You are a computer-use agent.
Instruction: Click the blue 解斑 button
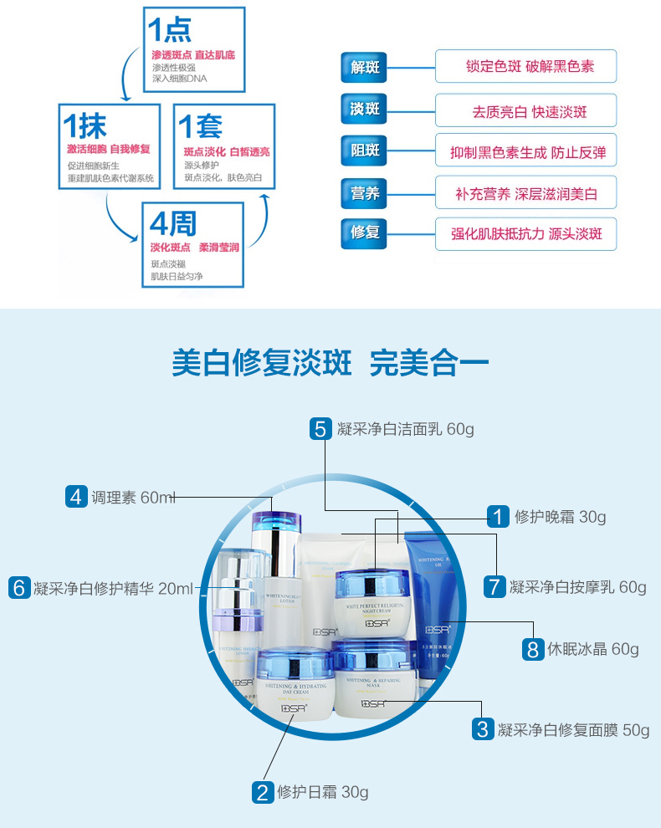(365, 67)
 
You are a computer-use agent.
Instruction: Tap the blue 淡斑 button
(365, 110)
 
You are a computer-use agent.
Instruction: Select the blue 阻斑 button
(365, 151)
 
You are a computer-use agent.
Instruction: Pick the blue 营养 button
(365, 193)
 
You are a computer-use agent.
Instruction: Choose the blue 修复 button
(365, 233)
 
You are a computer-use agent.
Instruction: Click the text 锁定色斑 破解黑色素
(525, 67)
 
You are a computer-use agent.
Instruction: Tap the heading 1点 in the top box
(170, 30)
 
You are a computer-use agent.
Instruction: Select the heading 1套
(202, 127)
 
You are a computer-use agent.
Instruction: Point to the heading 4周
(173, 223)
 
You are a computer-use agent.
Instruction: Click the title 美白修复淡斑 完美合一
(330, 363)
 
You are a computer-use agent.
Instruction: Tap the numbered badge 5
(320, 429)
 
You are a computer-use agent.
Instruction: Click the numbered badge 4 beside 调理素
(76, 497)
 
